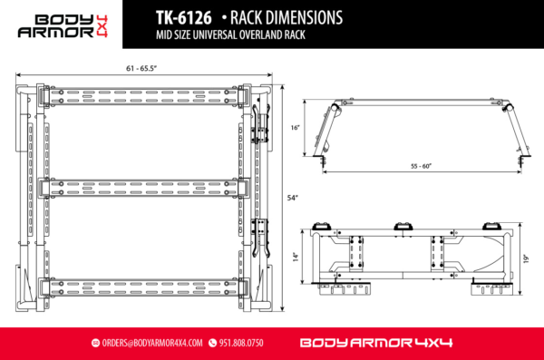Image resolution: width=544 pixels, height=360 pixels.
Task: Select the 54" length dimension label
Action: [x=291, y=197]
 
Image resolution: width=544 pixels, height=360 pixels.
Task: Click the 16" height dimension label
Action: [x=296, y=128]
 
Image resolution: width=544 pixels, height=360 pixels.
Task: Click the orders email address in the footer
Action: [x=155, y=343]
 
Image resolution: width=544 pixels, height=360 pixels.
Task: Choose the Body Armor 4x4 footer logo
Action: [x=375, y=343]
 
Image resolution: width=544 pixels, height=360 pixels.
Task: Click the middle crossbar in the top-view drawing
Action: [x=145, y=189]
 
